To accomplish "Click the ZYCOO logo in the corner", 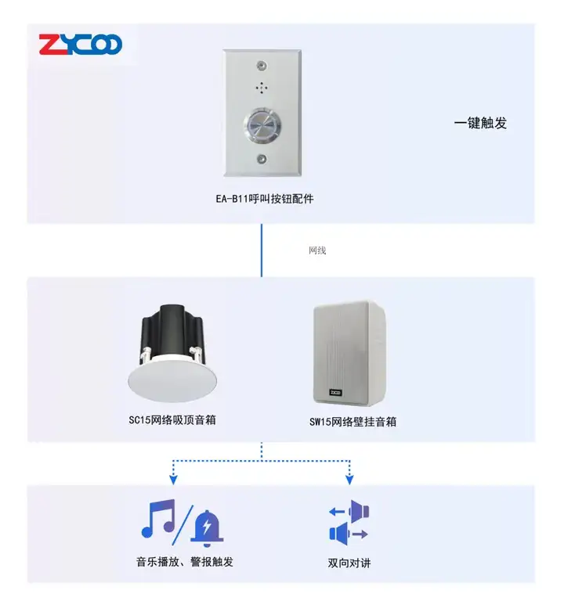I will pos(81,43).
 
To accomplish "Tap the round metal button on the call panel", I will pos(261,124).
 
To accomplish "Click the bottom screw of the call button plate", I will pos(261,159).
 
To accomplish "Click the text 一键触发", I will pos(479,123).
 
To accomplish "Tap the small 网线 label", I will pos(317,250).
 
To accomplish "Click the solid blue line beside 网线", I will pos(262,250).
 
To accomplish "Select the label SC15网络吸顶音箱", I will pos(172,420).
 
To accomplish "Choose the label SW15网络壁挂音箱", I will pos(352,422).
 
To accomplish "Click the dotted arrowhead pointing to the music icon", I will pos(173,477).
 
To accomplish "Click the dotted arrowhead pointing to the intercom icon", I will pos(349,477).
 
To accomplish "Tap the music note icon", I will pos(158,519).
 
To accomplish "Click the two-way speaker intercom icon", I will pos(349,521).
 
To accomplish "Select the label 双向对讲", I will pos(349,562).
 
